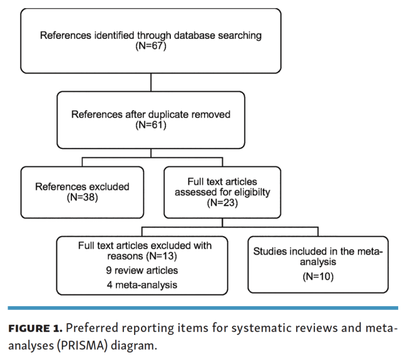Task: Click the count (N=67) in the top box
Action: tap(151, 46)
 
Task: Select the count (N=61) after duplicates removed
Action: tap(151, 125)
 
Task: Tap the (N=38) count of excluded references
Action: tap(82, 197)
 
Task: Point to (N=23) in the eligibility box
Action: tap(222, 202)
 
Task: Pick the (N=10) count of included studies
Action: tap(318, 276)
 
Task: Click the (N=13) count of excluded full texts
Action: tap(162, 256)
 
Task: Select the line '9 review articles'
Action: tap(142, 270)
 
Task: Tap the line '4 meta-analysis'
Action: tap(142, 285)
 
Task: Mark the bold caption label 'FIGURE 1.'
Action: tap(35, 328)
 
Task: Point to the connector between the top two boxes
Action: tap(151, 82)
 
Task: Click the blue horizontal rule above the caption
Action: tap(203, 308)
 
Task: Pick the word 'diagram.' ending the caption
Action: tap(134, 346)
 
